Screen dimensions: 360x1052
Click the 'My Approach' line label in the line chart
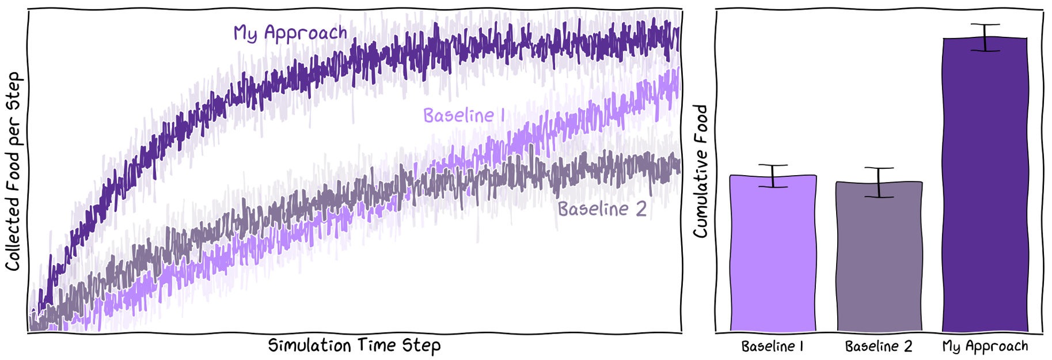(290, 33)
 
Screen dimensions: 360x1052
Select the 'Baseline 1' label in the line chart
(464, 116)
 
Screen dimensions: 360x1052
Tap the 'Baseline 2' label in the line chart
(602, 209)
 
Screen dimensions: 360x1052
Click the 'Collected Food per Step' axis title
(13, 172)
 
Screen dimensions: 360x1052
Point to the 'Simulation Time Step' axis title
(354, 346)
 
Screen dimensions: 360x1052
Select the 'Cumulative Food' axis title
(700, 171)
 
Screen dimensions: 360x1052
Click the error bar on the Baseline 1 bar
(773, 176)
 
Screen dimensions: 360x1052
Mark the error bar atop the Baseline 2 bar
(879, 183)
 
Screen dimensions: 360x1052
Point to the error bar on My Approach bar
(985, 38)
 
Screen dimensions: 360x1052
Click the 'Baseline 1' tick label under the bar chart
(772, 347)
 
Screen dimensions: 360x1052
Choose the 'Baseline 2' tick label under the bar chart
(879, 347)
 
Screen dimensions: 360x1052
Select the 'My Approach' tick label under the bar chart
(985, 347)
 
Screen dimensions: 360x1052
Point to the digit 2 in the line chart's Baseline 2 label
(640, 209)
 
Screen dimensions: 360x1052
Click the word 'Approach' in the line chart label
(305, 33)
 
